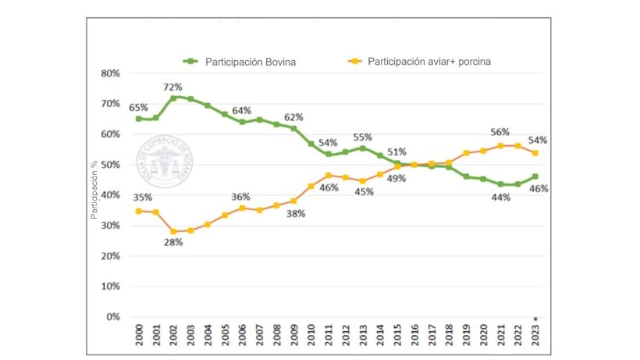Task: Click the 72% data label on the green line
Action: [x=172, y=87]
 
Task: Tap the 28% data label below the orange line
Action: [x=172, y=242]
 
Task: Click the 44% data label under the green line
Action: [x=500, y=197]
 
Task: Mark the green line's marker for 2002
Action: [x=173, y=98]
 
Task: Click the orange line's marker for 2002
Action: [x=173, y=231]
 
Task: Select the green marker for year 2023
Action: [x=534, y=176]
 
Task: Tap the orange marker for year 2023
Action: [x=534, y=153]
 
